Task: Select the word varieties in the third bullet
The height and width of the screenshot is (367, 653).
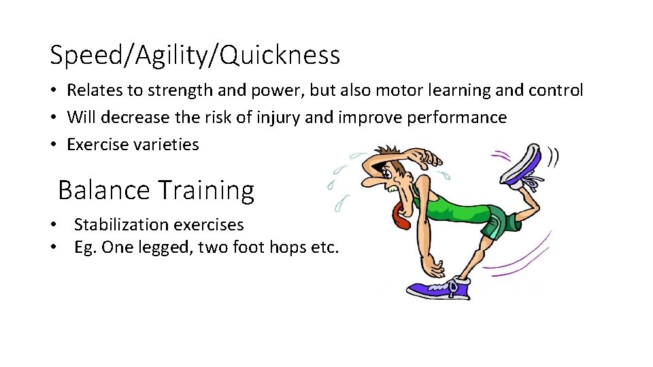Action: point(169,144)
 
